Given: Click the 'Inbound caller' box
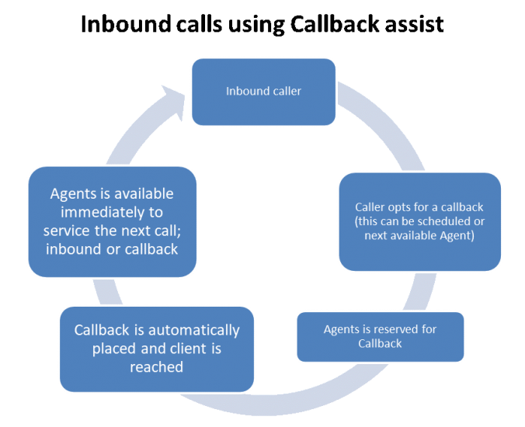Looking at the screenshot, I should (x=263, y=92).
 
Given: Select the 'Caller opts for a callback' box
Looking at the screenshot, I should (x=419, y=221).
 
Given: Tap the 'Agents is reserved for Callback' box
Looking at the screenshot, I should (x=380, y=336).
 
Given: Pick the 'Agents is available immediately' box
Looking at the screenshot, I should (x=112, y=220).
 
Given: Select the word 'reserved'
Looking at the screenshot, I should (x=390, y=329).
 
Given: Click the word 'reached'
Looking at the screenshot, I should (x=156, y=366).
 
